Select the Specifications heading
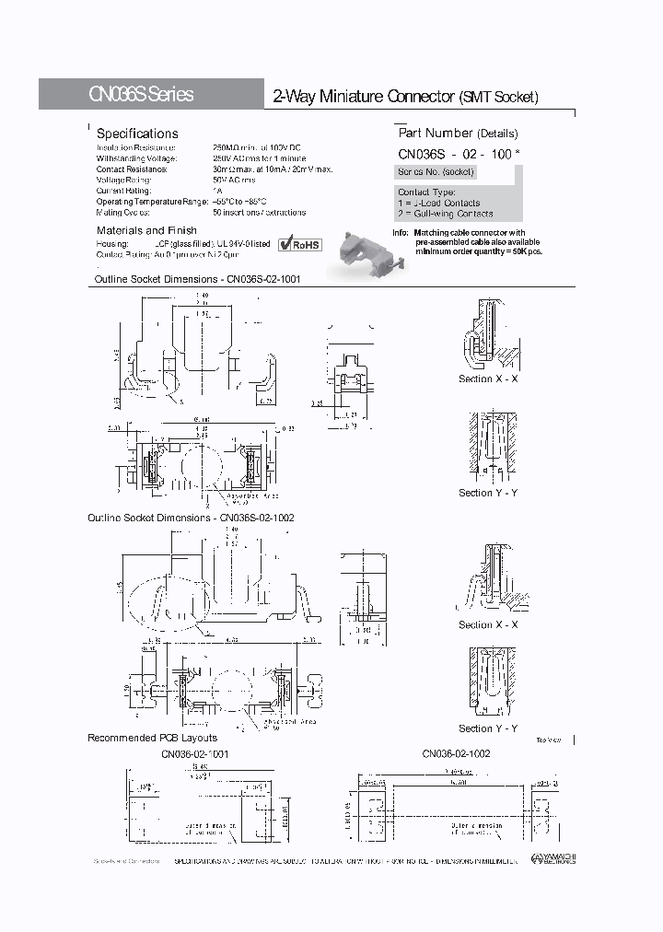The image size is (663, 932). click(x=137, y=134)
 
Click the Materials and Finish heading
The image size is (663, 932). click(x=146, y=230)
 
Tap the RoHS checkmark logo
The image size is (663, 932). click(x=299, y=243)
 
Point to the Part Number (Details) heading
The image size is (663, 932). click(x=458, y=134)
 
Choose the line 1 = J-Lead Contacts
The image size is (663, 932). click(x=438, y=203)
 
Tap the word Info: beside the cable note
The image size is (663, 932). click(x=400, y=233)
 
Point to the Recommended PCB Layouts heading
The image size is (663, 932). click(x=152, y=738)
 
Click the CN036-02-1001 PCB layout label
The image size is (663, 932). click(x=195, y=753)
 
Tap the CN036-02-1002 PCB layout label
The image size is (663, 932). click(x=456, y=753)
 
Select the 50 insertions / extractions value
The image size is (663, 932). click(x=259, y=212)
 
